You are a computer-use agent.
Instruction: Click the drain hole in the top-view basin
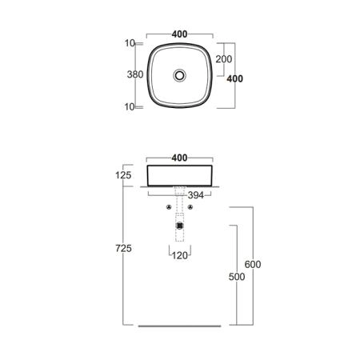[179, 75]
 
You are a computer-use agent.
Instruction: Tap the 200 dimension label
[224, 59]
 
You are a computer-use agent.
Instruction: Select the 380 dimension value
[135, 74]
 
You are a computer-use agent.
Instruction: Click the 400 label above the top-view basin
[179, 34]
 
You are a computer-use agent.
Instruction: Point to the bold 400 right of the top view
[235, 78]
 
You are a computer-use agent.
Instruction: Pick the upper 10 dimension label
[130, 43]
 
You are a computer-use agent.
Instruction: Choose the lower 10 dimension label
[130, 106]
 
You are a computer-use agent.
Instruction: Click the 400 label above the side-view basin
[179, 158]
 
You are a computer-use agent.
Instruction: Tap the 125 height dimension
[123, 175]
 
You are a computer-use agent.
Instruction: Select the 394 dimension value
[196, 195]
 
